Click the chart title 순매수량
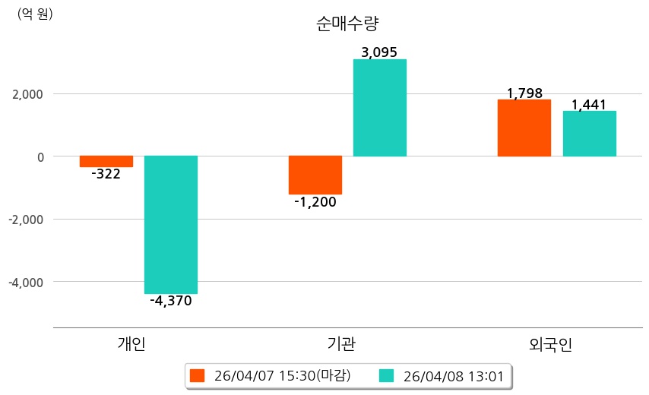[x=347, y=24]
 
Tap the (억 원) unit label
[x=35, y=13]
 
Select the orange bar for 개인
[x=106, y=161]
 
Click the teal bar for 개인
[x=171, y=225]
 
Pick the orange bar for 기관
[x=315, y=175]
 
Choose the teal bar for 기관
[x=380, y=108]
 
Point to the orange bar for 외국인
[x=524, y=128]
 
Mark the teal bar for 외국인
[x=589, y=134]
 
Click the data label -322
[x=106, y=175]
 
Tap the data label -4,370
[x=171, y=301]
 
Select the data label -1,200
[x=315, y=202]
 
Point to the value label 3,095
[x=379, y=52]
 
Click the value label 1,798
[x=524, y=93]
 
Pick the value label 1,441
[x=589, y=105]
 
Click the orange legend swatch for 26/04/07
[x=198, y=375]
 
